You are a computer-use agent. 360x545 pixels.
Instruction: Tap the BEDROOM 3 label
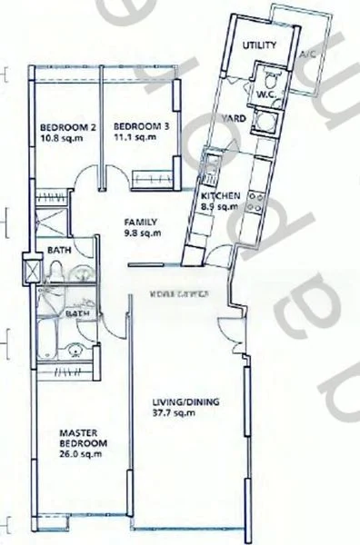[x=132, y=126]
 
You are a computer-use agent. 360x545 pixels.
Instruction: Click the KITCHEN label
[x=220, y=196]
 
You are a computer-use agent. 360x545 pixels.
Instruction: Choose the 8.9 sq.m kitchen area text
[x=220, y=207]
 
